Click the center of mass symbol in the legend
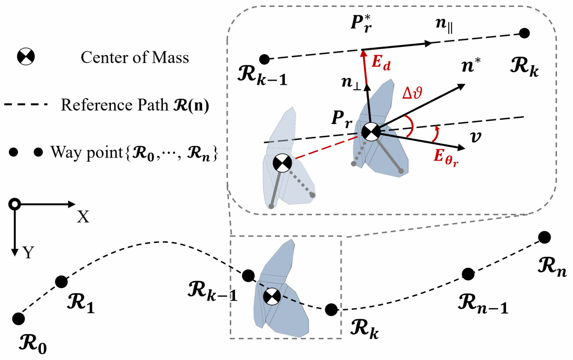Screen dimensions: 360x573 point(25,56)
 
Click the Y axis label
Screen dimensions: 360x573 point(28,252)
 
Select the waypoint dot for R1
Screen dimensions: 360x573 point(62,281)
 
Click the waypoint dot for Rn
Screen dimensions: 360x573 point(543,236)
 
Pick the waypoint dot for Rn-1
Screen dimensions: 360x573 point(467,274)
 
